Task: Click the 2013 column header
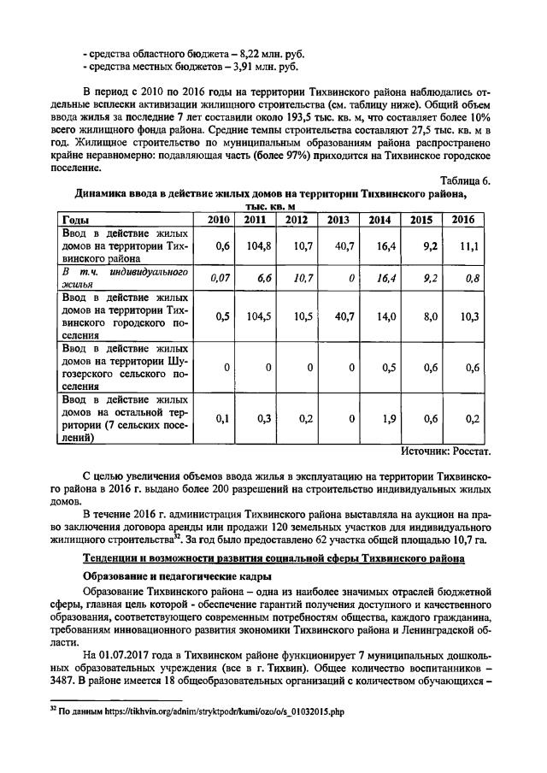[338, 220]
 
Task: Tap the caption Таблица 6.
[465, 180]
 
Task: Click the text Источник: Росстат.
[446, 450]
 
